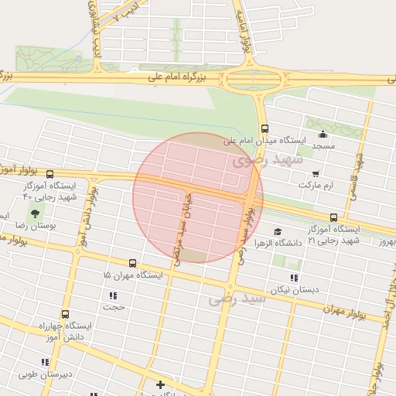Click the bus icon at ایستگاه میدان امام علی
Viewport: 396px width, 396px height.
[265, 128]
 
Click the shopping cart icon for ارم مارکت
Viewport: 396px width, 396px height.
[315, 174]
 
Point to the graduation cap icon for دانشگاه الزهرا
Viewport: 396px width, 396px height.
[277, 230]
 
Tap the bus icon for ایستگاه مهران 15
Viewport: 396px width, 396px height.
[132, 263]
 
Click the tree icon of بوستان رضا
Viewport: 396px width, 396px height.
[36, 212]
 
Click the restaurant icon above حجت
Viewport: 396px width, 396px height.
[114, 295]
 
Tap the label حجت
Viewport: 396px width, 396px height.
[114, 307]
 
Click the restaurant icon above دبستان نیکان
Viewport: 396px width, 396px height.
[293, 278]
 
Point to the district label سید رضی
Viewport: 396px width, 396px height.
[237, 299]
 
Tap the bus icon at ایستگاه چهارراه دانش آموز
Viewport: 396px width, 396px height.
[64, 315]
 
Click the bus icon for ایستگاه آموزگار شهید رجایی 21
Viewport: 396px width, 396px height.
[333, 217]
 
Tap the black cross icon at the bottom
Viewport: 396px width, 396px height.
[160, 384]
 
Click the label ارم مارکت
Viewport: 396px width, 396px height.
[326, 186]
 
